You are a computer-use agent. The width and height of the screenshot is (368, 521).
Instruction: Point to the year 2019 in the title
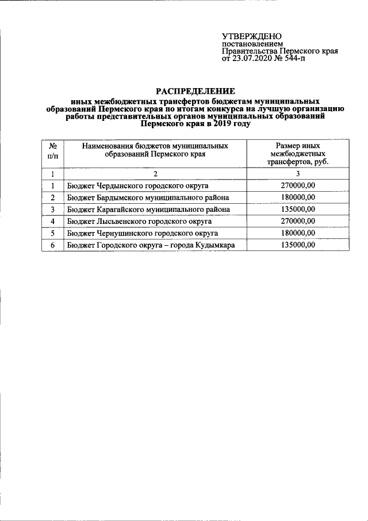[220, 123]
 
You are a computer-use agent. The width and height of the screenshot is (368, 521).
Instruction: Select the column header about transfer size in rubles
[297, 154]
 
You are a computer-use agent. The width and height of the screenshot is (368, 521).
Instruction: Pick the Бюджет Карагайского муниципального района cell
[148, 210]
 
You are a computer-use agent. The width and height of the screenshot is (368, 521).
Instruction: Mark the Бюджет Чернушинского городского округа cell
[141, 233]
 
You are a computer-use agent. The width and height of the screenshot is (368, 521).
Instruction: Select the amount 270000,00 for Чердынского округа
[297, 186]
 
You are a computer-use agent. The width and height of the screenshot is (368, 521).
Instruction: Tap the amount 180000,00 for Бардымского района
[297, 198]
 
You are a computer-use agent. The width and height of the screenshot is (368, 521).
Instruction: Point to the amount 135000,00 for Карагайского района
[297, 210]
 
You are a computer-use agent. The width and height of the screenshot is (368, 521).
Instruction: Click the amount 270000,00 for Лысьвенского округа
[297, 221]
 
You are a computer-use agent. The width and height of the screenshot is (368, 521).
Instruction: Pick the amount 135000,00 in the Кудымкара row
[297, 245]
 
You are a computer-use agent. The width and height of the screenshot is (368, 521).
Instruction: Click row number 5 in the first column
[52, 233]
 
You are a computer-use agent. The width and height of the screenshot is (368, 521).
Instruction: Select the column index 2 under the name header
[155, 174]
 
